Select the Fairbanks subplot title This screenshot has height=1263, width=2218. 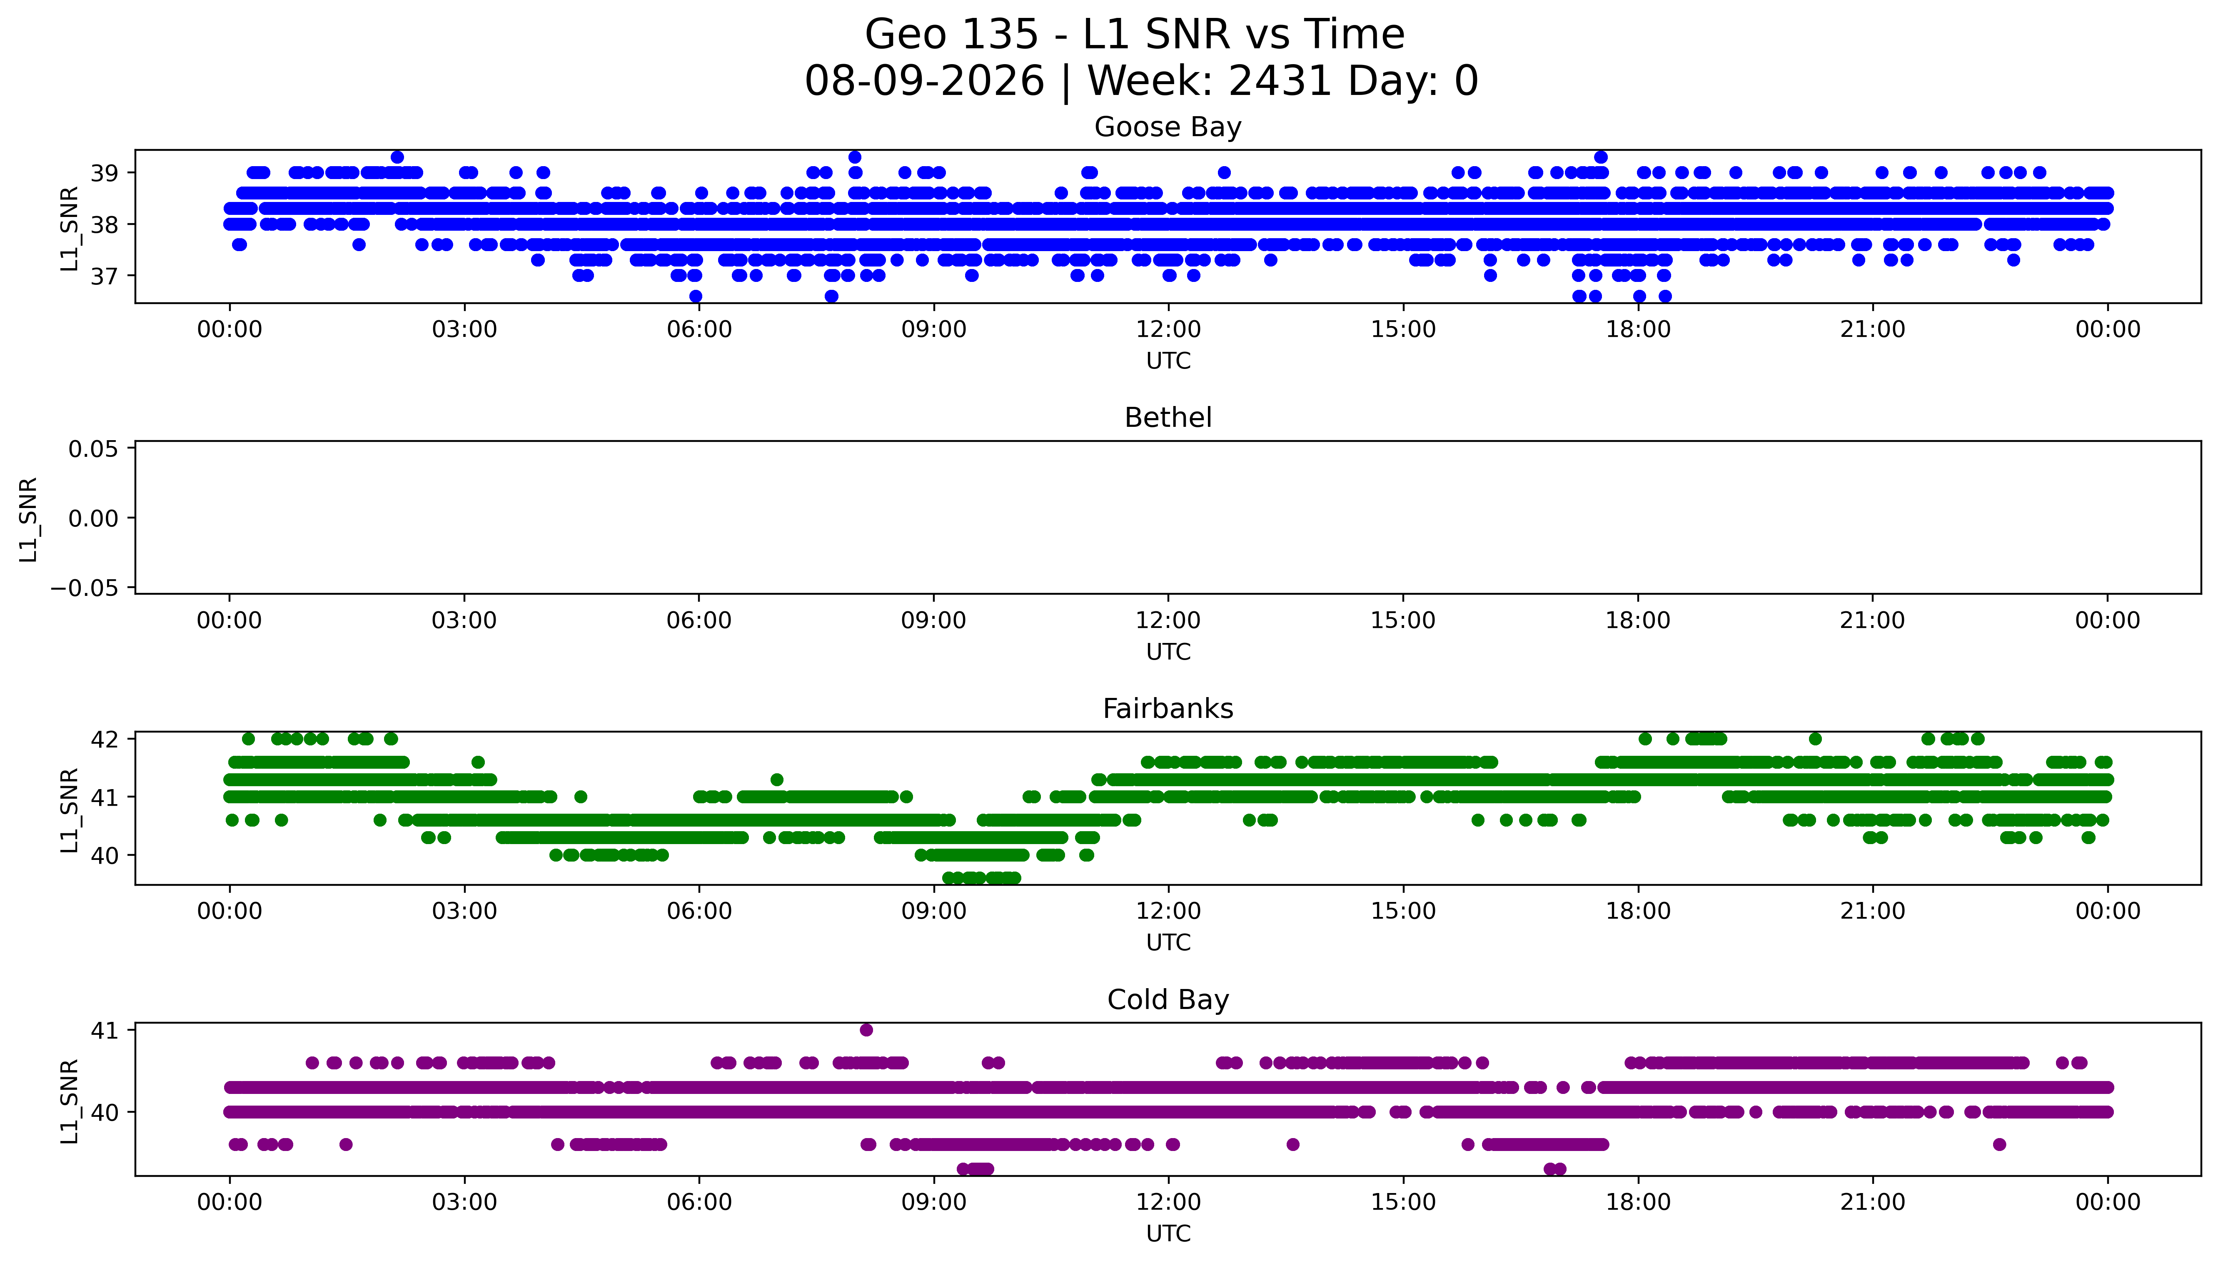tap(1168, 709)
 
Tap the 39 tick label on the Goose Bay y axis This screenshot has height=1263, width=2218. tap(105, 173)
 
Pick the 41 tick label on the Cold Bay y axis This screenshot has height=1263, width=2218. tap(105, 1031)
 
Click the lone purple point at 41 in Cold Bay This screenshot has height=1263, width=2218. tap(866, 1030)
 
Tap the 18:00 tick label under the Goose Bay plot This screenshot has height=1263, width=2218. tap(1638, 330)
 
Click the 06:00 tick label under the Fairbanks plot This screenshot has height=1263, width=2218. tap(699, 911)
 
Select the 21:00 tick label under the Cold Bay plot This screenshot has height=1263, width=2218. tap(1873, 1202)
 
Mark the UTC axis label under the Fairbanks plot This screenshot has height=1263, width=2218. tap(1168, 942)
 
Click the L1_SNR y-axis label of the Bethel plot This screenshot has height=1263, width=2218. tap(29, 519)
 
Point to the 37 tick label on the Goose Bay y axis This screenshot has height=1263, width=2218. tap(105, 276)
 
